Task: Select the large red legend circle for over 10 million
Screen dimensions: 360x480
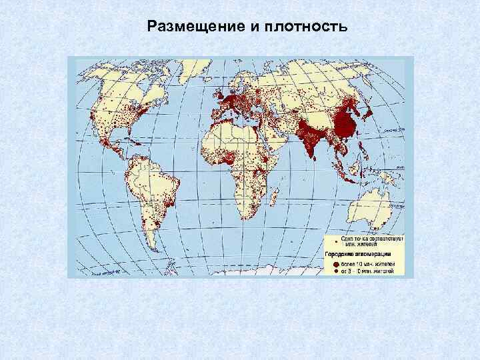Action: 328,264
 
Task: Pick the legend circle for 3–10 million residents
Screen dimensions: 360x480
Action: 328,271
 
